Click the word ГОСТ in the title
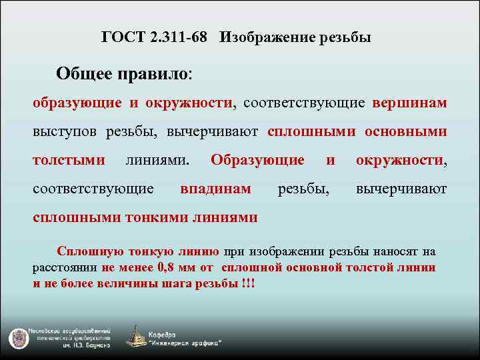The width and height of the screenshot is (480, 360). [122, 38]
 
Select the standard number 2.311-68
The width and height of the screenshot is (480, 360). [179, 38]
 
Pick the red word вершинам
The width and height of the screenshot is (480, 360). [409, 103]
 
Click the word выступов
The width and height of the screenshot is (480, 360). [66, 132]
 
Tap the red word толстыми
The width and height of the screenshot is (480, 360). [69, 160]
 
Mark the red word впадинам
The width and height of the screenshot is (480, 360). [215, 189]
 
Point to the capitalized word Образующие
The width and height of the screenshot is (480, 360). [257, 160]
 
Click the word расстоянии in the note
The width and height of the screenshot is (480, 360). [66, 267]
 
